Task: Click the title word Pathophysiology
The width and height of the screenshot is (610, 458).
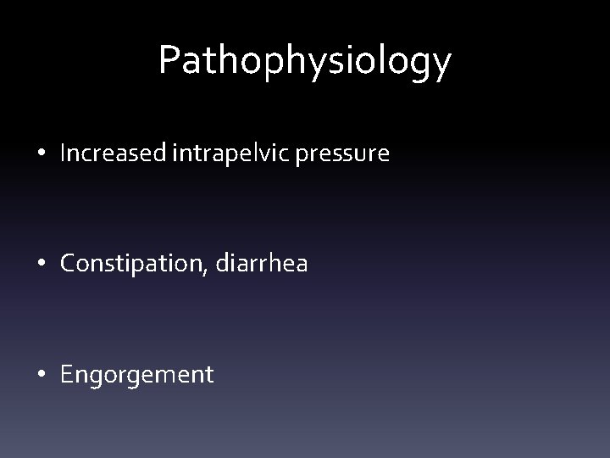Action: pos(305,61)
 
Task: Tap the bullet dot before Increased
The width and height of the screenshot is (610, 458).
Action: pos(41,155)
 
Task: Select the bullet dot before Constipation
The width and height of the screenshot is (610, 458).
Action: pos(41,265)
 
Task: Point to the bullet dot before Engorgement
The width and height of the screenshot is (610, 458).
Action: pos(41,375)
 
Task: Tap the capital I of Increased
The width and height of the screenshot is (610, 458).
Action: pos(64,154)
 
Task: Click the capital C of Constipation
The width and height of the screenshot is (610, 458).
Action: pos(67,264)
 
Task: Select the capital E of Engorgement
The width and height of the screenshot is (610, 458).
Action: pos(66,374)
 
